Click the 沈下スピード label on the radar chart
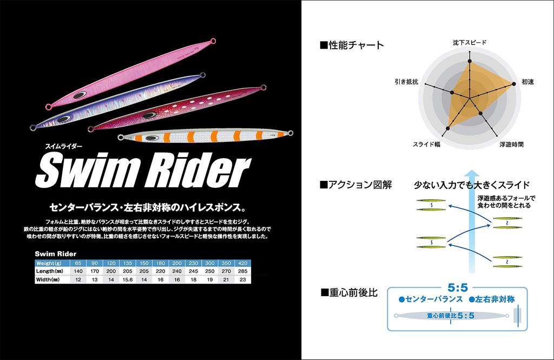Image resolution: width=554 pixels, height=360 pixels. tap(469, 42)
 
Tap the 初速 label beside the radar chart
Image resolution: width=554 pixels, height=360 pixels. tap(527, 82)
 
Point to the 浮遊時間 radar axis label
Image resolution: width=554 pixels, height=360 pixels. tap(511, 145)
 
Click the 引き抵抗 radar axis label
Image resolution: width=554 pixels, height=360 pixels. tap(406, 82)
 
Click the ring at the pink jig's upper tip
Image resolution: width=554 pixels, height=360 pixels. tap(213, 41)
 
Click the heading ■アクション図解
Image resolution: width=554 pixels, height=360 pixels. tap(355, 185)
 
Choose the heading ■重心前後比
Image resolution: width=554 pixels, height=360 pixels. tap(348, 292)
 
